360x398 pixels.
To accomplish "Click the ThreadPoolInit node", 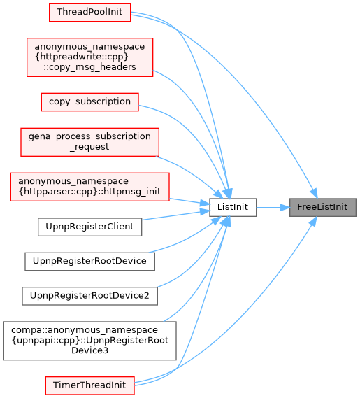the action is pos(89,13).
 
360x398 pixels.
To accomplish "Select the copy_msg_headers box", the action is pos(89,57).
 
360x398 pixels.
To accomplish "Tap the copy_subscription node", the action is pos(89,102).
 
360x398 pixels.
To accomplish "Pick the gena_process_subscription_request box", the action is pos(89,142).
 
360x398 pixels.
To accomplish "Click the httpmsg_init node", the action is pos(89,187).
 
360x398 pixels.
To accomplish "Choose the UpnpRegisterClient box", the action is pos(89,227).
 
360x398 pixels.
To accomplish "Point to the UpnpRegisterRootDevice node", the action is pos(89,262).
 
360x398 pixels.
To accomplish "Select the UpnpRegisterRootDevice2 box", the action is pos(89,296).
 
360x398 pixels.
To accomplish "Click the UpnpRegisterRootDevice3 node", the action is pos(89,341).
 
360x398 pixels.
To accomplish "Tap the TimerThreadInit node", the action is pos(89,385).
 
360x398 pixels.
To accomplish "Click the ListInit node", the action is pos(233,207).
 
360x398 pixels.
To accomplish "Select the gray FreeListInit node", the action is pos(323,207).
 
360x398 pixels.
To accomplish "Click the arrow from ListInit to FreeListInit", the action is pos(273,207).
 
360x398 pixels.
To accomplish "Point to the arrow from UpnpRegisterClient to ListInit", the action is pos(175,215).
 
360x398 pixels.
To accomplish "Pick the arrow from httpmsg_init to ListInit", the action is pos(189,201).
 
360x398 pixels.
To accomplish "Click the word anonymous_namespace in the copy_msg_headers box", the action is pos(89,47).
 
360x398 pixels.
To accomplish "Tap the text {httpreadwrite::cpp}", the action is pos(82,57).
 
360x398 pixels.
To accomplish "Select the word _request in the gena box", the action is pos(89,147).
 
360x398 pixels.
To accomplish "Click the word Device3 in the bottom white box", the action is pos(89,350).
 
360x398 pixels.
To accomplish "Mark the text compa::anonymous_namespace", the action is pos(85,330).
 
